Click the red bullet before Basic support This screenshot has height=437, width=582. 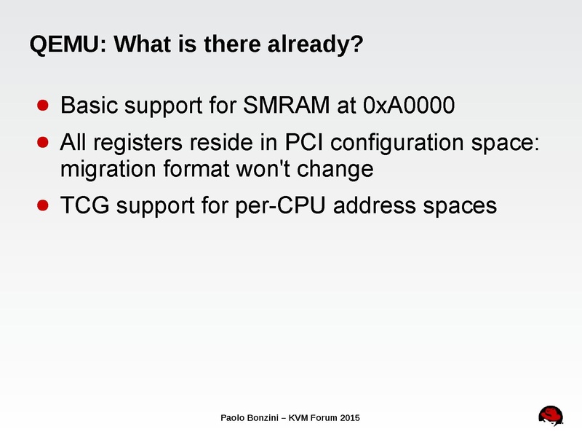pyautogui.click(x=43, y=106)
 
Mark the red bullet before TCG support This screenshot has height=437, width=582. pyautogui.click(x=43, y=205)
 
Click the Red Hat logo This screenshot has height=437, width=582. pyautogui.click(x=551, y=416)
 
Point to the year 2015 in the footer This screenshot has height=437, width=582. pyautogui.click(x=348, y=418)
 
